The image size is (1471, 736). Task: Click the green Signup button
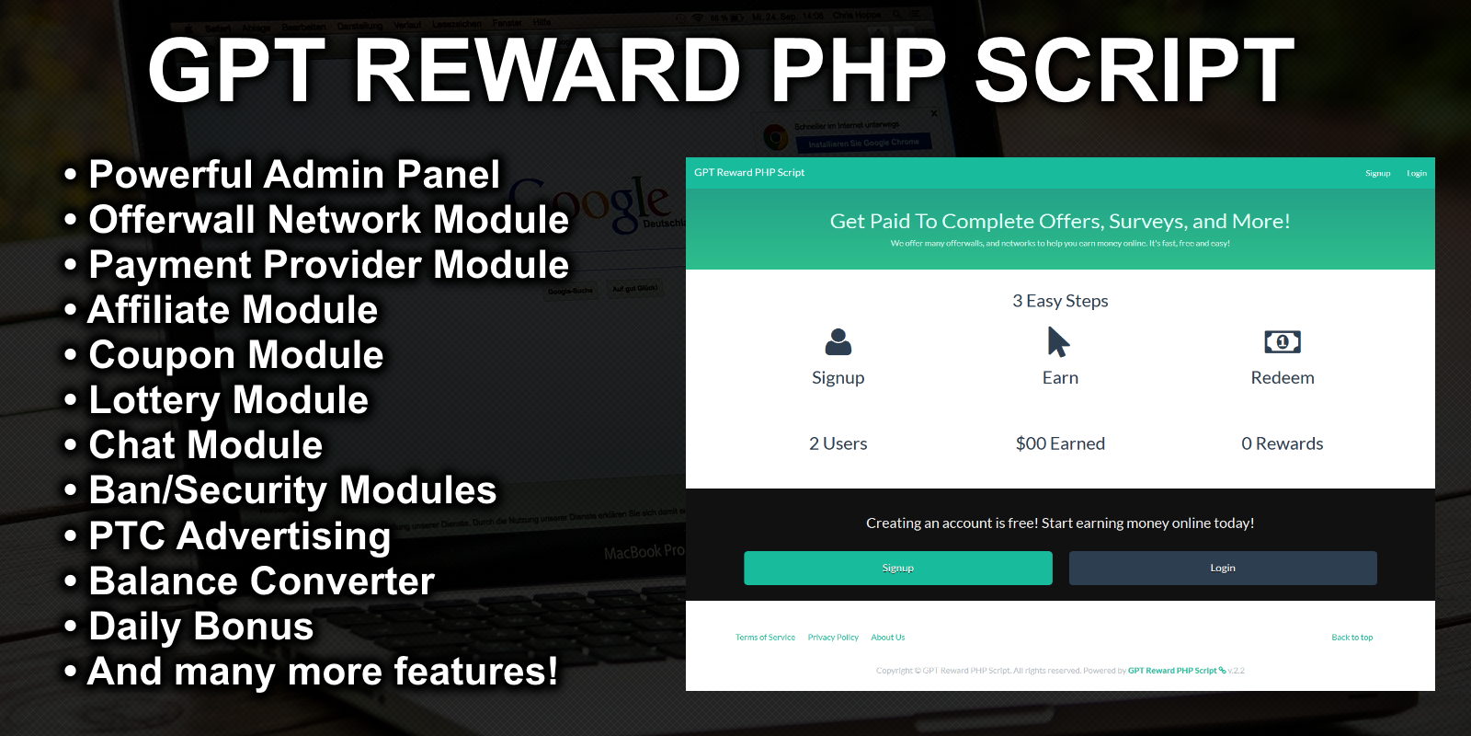click(897, 568)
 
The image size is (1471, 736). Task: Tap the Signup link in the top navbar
click(1377, 173)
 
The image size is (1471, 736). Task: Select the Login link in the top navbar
click(1416, 173)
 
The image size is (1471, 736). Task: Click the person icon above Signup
click(838, 342)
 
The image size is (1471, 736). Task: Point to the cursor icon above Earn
click(1058, 342)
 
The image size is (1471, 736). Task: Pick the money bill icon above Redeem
click(1282, 342)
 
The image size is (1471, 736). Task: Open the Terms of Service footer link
click(765, 638)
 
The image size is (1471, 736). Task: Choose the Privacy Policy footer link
click(833, 638)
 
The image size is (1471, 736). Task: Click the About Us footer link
click(887, 638)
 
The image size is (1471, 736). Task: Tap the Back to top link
click(1351, 638)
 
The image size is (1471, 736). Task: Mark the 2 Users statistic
click(838, 443)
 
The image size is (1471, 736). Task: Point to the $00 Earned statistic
click(1060, 443)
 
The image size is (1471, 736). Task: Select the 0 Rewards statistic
click(1282, 443)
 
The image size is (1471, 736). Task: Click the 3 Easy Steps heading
click(1060, 301)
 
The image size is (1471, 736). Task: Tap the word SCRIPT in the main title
click(1134, 71)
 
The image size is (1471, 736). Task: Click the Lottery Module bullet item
click(228, 400)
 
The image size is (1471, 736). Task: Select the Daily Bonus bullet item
click(200, 627)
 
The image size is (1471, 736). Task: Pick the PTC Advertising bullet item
click(239, 536)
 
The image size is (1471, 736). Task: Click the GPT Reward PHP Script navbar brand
click(748, 173)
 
